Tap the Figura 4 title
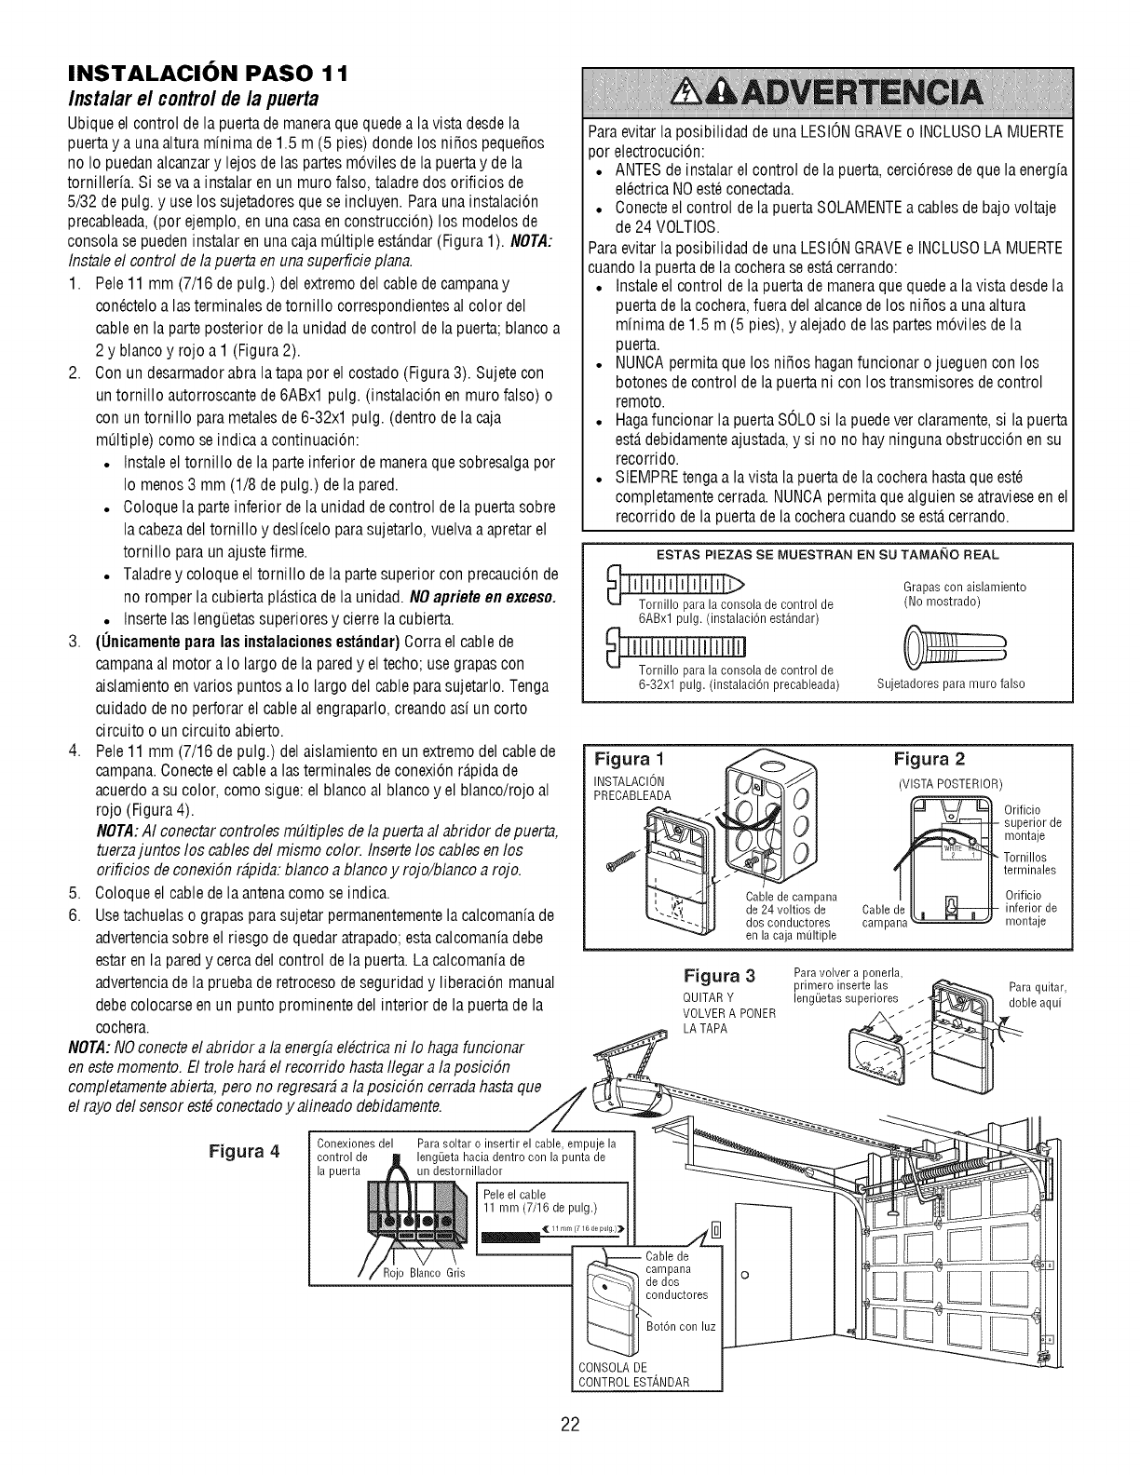pyautogui.click(x=244, y=1149)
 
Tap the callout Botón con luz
pyautogui.click(x=681, y=1325)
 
